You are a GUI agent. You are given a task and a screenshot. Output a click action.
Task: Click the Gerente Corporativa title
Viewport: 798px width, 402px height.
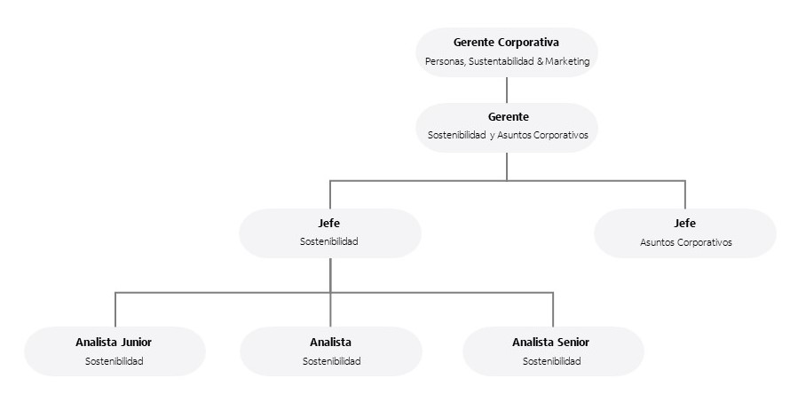pos(506,42)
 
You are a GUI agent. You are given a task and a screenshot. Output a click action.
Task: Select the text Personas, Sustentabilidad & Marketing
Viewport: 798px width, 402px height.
pos(506,62)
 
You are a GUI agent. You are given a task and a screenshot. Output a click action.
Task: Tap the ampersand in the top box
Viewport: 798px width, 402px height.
pos(541,62)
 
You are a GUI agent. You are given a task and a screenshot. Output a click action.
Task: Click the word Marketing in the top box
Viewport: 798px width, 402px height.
pos(568,62)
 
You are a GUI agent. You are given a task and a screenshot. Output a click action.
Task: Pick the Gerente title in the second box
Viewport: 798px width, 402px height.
pos(508,116)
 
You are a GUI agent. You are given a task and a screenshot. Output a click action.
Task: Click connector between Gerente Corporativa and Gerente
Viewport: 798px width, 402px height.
pos(507,90)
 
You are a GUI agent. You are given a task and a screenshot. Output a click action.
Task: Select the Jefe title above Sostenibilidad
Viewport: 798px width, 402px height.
pos(329,223)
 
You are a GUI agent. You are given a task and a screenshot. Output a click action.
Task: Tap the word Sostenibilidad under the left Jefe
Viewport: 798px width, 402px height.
pos(329,242)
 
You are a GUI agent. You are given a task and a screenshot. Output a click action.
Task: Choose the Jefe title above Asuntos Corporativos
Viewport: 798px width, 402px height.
pos(684,223)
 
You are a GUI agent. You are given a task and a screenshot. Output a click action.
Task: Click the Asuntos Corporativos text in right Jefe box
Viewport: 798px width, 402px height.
pos(685,242)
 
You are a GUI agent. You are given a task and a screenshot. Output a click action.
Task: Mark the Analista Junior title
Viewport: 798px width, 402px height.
pos(114,342)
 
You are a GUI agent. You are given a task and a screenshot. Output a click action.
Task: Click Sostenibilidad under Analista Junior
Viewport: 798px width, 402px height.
pos(115,361)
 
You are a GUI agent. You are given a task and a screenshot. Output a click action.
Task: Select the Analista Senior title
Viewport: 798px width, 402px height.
pos(550,342)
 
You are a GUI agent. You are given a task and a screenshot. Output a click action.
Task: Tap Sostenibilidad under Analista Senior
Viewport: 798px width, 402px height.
pos(551,361)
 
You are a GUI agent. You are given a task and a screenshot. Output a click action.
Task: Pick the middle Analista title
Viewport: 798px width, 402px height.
pos(330,342)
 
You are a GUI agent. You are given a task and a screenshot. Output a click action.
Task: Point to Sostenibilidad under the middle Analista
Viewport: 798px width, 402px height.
pos(331,361)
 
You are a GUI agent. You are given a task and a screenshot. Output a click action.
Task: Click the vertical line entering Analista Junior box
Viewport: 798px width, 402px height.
pos(115,309)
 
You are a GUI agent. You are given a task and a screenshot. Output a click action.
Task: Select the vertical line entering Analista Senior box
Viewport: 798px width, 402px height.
pos(553,309)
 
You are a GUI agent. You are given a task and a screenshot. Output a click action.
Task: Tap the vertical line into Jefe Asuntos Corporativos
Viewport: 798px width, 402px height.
pos(684,194)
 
